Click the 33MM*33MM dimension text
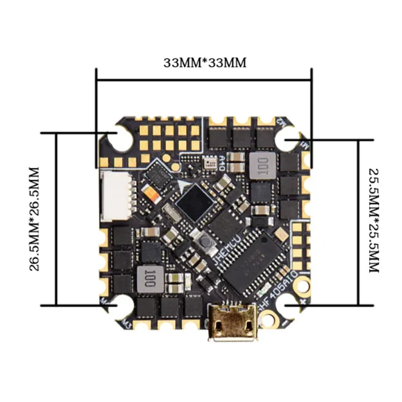coord(205,63)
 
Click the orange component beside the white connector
coord(150,192)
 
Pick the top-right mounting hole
coord(290,141)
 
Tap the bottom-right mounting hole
coord(290,306)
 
